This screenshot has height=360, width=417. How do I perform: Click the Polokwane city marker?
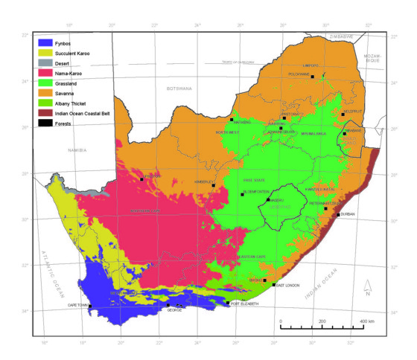(313, 77)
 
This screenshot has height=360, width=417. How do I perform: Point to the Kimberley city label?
(203, 181)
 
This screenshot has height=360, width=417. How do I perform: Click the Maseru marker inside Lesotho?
(268, 199)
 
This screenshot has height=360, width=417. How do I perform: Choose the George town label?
(174, 310)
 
